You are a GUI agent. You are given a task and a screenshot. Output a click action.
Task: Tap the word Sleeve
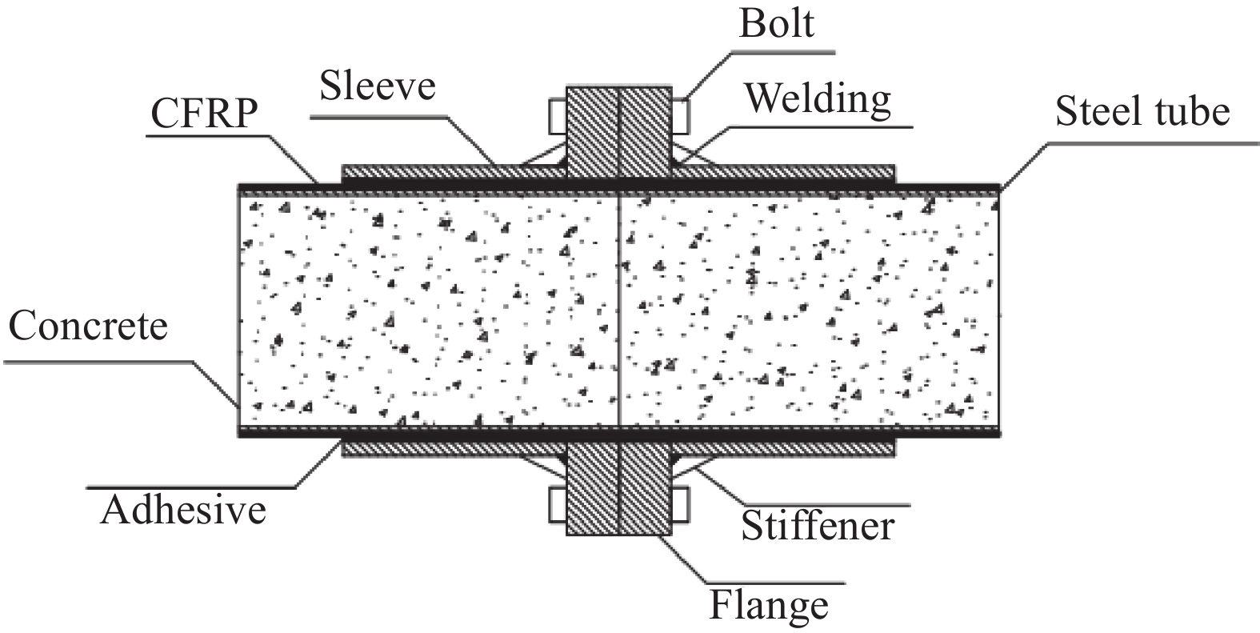click(378, 84)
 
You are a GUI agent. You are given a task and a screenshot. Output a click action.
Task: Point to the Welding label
click(818, 99)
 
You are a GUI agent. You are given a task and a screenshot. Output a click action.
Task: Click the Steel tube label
click(1142, 111)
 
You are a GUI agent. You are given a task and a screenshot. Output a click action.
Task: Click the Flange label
click(769, 605)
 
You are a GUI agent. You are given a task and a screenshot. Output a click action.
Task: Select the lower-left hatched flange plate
click(592, 490)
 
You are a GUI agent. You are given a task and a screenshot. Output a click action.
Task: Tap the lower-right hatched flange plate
click(644, 490)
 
